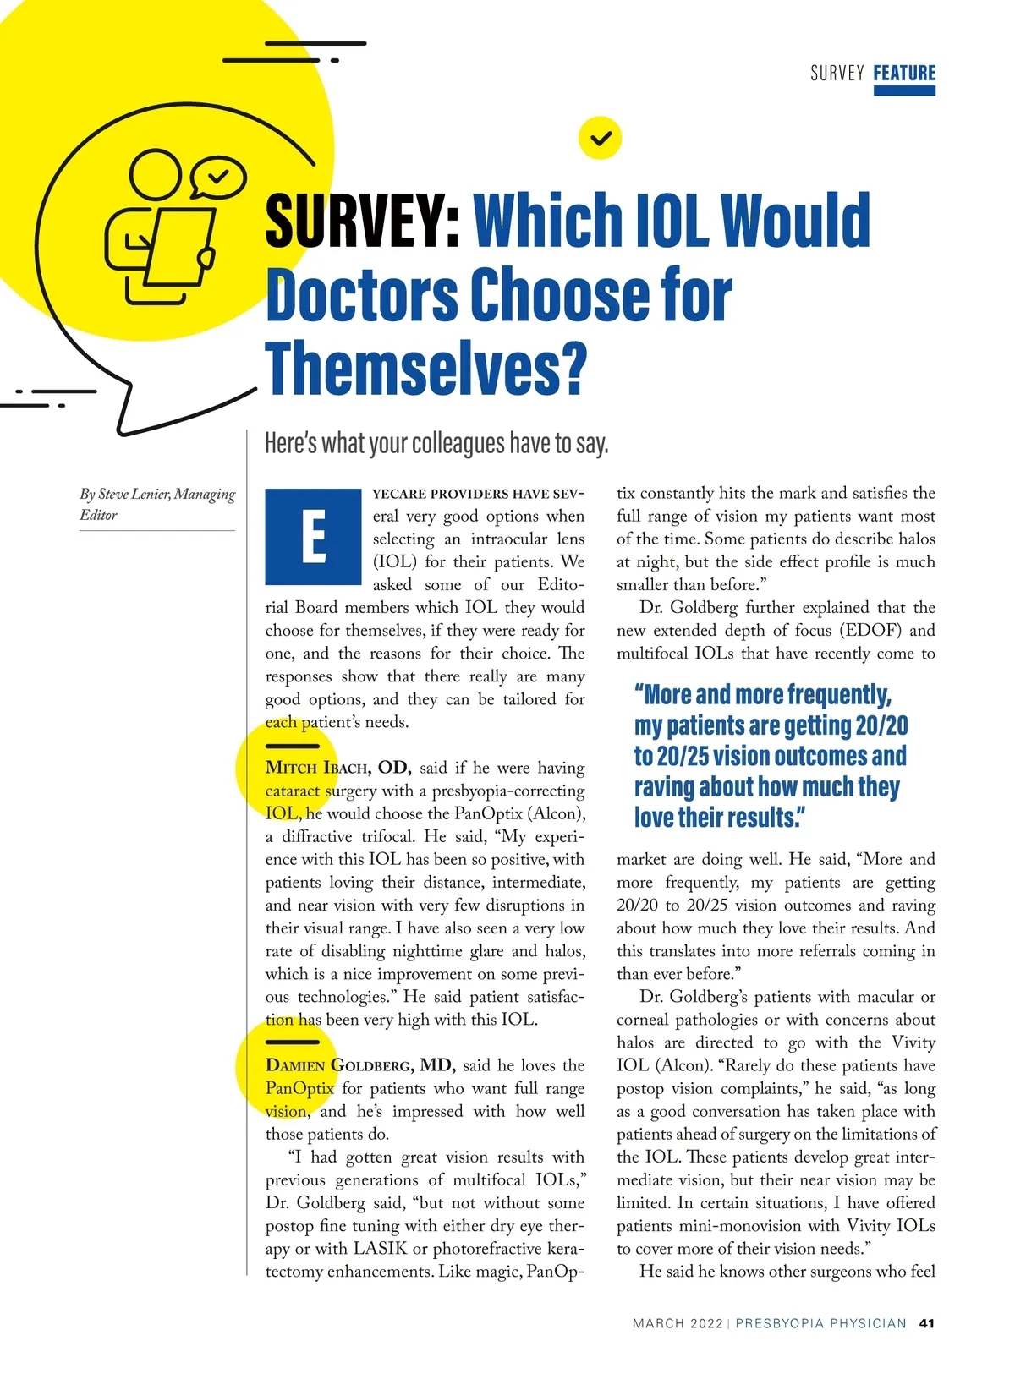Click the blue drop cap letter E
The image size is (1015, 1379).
point(313,537)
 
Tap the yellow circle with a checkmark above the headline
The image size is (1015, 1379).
point(600,138)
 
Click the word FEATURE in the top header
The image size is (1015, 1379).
point(904,73)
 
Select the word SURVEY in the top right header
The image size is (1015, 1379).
point(837,74)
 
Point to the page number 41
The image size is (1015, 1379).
point(927,1323)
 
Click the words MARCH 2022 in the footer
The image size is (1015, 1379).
point(678,1323)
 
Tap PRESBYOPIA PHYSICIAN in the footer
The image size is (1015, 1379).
point(820,1323)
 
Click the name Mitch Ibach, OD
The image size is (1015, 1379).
point(337,768)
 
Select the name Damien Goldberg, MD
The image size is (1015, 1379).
point(360,1065)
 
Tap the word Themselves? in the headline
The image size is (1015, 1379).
point(425,369)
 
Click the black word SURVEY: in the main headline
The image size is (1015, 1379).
point(363,220)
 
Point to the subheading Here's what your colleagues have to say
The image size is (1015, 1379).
point(436,443)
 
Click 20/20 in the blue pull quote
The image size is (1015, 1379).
point(881,725)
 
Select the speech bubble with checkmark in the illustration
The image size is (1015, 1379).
point(217,177)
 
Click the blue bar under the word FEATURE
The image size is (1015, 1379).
point(904,91)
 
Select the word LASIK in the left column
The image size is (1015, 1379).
point(379,1249)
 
